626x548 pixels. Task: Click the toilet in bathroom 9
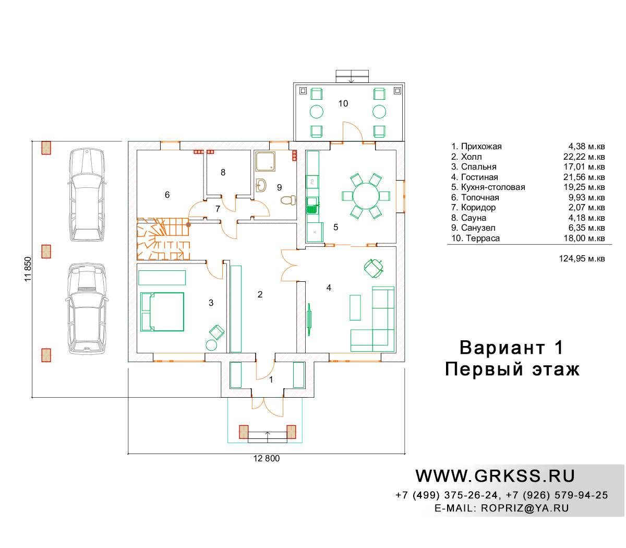coord(288,200)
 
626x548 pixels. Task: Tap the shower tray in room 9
coord(266,161)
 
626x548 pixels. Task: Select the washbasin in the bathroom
coord(261,185)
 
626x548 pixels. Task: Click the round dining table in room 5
coord(366,196)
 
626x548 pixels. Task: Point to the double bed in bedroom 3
coord(162,312)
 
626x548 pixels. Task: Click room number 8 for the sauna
coord(223,172)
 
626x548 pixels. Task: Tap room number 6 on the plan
coord(167,195)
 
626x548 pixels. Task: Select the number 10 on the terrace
coord(343,103)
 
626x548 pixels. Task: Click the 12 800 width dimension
coord(266,458)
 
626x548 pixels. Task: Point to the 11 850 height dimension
coord(28,269)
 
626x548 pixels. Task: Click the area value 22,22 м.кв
coord(584,157)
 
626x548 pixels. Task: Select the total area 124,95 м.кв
coord(582,259)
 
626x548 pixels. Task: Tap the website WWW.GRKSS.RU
coord(495,476)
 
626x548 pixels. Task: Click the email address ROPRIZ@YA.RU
coord(525,508)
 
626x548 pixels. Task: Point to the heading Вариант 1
coord(511,348)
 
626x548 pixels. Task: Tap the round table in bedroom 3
coord(211,345)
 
